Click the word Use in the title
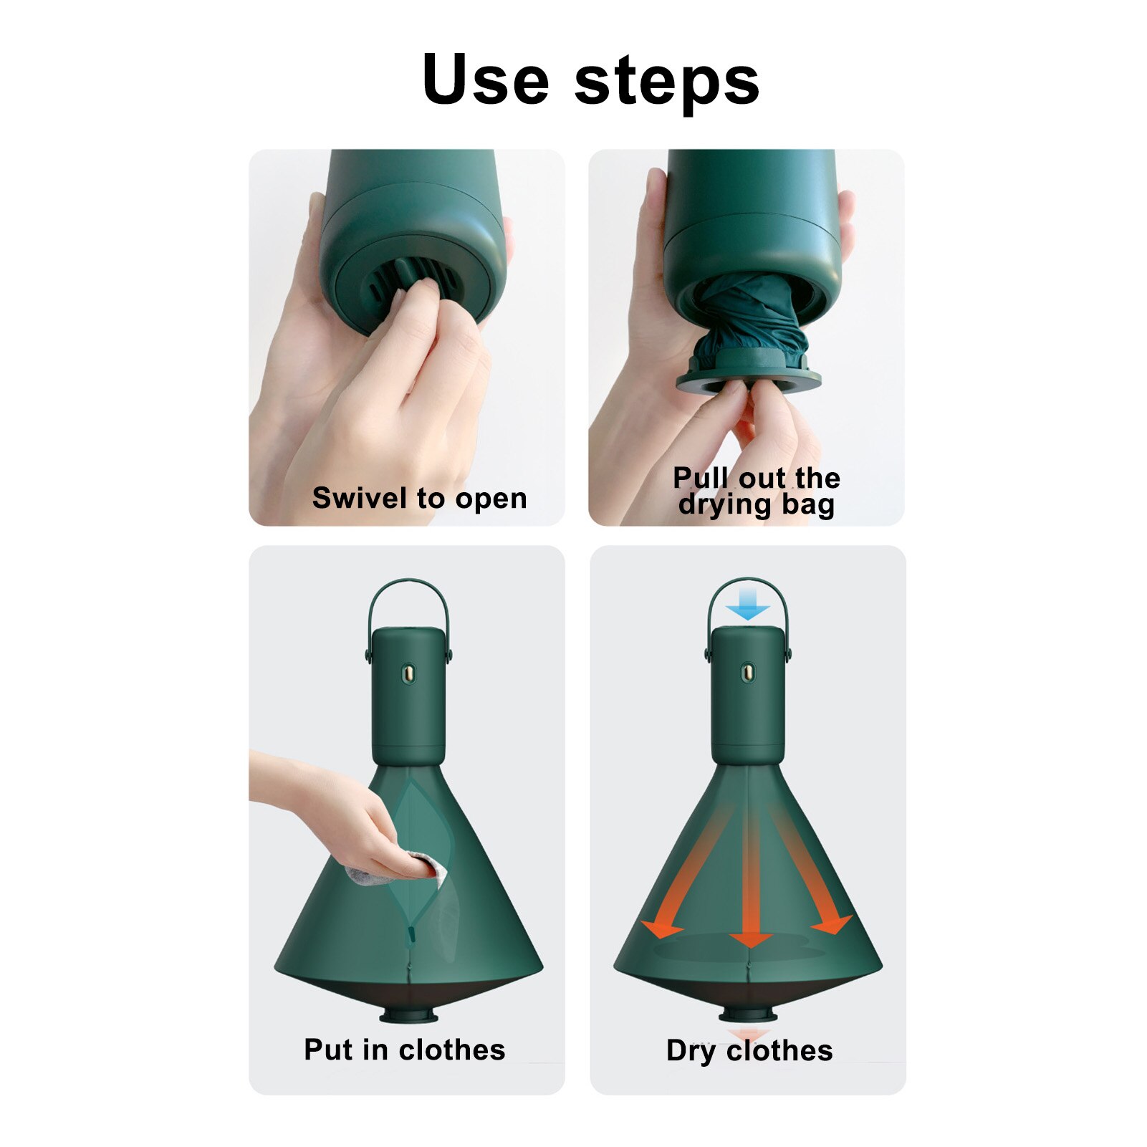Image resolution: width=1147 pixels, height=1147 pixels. point(485,80)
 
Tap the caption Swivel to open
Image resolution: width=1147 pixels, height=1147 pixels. point(419,498)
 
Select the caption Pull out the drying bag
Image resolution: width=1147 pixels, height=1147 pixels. point(757,491)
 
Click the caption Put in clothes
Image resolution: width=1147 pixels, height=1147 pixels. point(405,1050)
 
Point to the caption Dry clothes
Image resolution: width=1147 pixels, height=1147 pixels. point(749,1050)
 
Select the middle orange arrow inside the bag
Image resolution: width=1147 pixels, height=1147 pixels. point(750,881)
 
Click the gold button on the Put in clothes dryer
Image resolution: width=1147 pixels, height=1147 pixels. point(408,673)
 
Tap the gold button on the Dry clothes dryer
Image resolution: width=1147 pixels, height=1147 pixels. point(747,673)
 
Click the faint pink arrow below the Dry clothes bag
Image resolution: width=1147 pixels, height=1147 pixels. point(749,1034)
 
